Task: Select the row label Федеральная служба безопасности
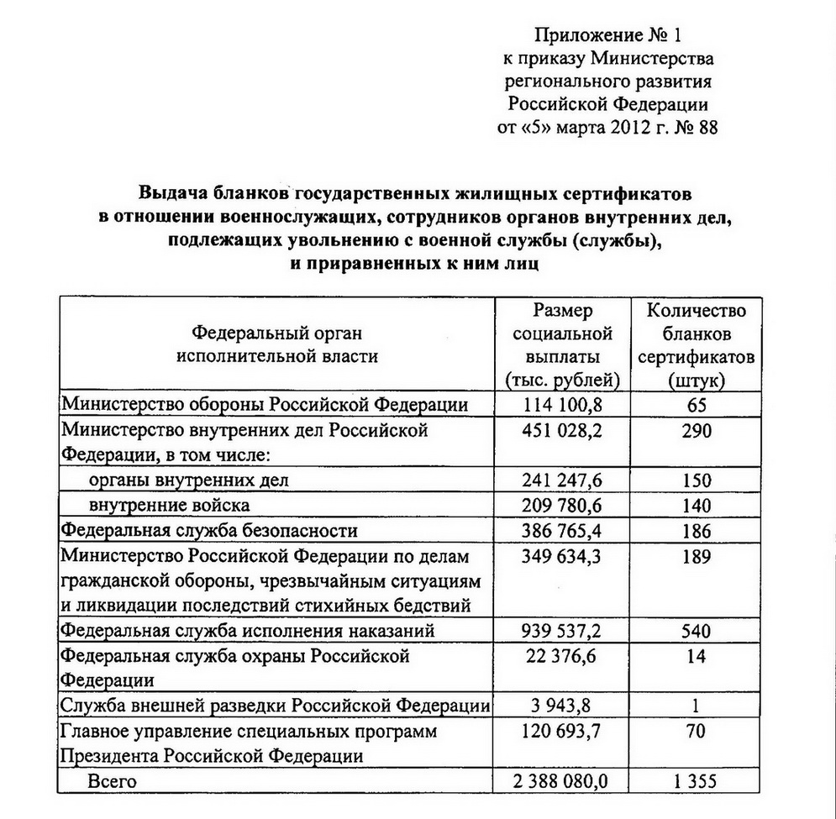pyautogui.click(x=210, y=531)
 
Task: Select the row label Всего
pyautogui.click(x=112, y=782)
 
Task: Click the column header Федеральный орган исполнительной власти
pyautogui.click(x=276, y=343)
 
